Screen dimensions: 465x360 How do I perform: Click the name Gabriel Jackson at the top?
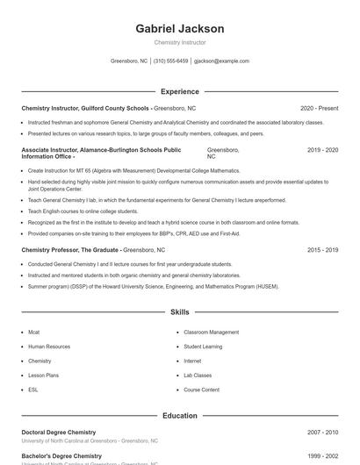point(179,28)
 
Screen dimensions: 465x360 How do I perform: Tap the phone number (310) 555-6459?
point(170,61)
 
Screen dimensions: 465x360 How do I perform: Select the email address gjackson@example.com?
point(221,61)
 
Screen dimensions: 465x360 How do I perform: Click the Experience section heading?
point(179,91)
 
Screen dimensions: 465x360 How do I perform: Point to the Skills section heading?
point(179,311)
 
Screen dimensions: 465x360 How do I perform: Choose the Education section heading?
point(179,415)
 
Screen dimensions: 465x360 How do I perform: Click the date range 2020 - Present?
point(319,108)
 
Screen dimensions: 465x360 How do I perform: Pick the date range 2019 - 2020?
point(322,150)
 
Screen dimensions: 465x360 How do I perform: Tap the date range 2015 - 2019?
point(322,250)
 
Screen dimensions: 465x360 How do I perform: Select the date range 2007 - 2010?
point(322,433)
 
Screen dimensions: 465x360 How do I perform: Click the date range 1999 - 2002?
point(322,456)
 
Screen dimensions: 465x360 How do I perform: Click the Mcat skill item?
point(33,333)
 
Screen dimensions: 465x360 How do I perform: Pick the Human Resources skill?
point(48,347)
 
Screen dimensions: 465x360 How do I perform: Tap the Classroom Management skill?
point(211,333)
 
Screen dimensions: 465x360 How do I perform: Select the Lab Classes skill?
point(198,376)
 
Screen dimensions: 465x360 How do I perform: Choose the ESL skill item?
point(32,390)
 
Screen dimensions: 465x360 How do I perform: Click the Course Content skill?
point(201,390)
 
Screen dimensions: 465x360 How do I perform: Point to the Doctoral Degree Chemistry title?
point(58,433)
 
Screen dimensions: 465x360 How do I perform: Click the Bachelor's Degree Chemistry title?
point(61,456)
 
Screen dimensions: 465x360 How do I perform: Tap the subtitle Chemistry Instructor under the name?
point(179,42)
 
